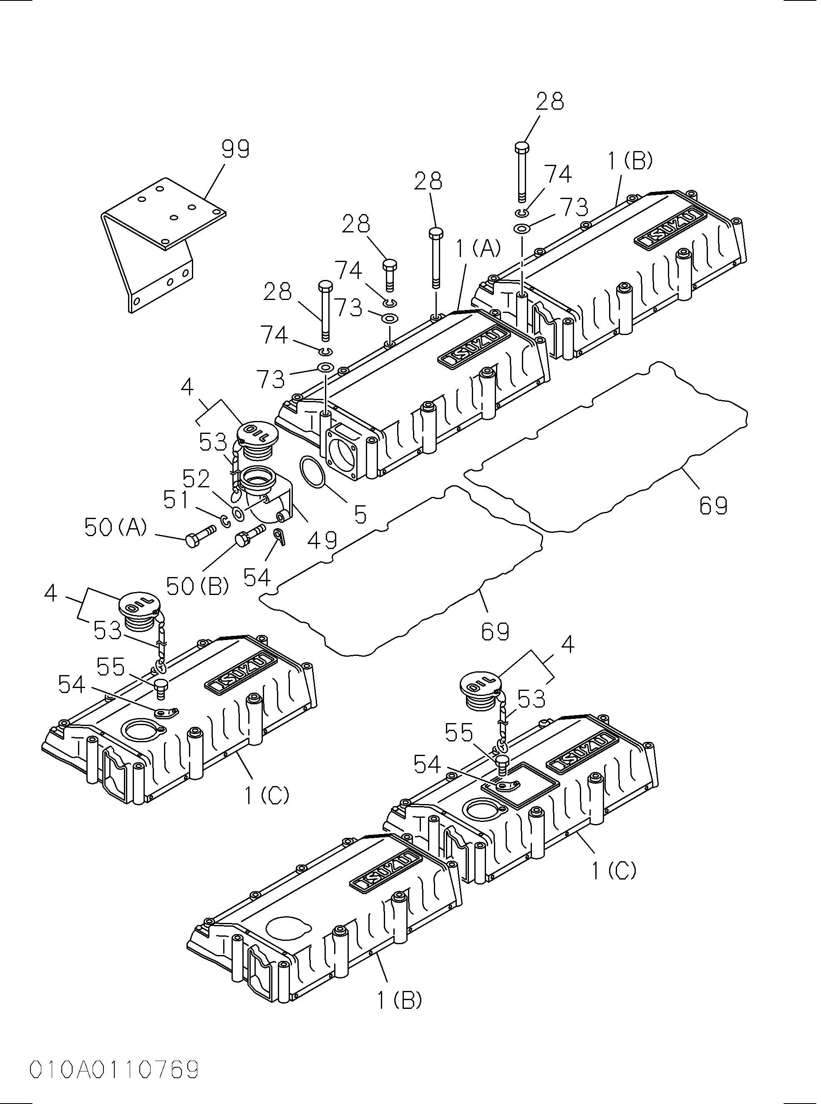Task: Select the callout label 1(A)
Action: [x=478, y=247]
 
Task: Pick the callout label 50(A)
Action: [x=115, y=527]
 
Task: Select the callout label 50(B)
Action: [x=197, y=587]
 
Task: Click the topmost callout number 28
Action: [x=550, y=101]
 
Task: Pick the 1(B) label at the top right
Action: [x=630, y=161]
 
